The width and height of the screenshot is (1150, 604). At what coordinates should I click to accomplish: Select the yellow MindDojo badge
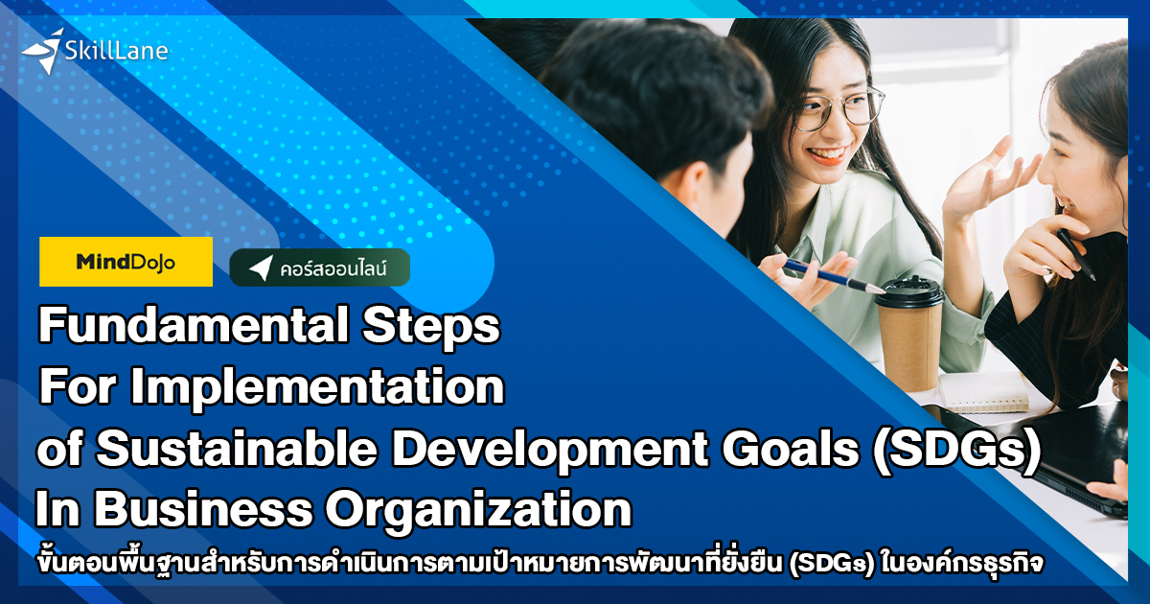(x=126, y=262)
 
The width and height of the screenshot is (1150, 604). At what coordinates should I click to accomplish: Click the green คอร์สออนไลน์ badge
(x=320, y=268)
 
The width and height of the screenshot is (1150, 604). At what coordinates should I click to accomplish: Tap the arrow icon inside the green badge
(x=260, y=269)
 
